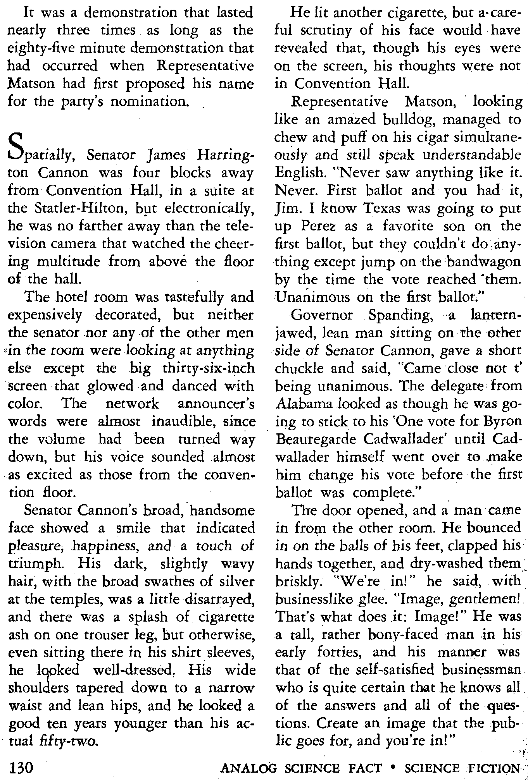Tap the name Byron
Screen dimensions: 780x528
coord(502,421)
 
